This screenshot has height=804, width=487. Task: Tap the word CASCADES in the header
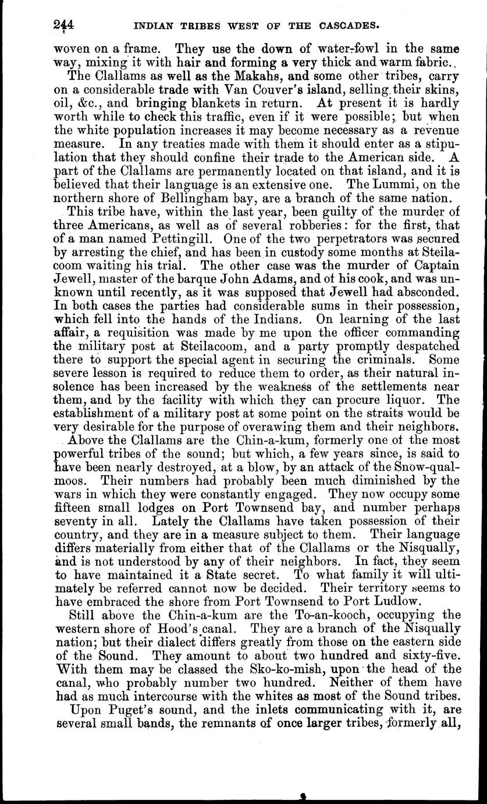pyautogui.click(x=346, y=26)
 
